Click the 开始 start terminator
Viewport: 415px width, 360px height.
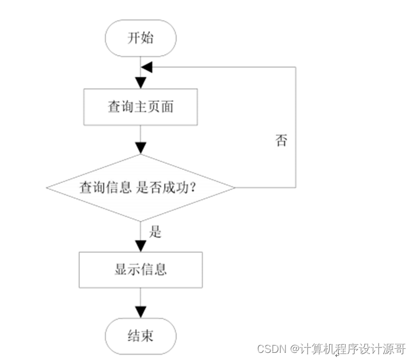140,38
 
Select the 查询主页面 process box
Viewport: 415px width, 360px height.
140,107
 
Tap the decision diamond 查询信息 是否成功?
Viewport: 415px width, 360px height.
140,188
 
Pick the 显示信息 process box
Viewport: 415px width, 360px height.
140,269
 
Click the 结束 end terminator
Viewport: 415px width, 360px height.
140,336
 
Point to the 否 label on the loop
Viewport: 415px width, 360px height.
281,141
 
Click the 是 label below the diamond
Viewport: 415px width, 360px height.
155,232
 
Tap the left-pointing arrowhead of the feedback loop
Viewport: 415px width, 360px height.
147,67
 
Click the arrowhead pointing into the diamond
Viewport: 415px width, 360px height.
140,148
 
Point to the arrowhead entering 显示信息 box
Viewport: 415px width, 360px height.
140,246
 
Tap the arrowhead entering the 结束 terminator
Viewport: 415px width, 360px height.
140,312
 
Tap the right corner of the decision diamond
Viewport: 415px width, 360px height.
234,188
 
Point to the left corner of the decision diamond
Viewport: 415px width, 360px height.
47,188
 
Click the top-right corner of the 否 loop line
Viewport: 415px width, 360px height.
295,67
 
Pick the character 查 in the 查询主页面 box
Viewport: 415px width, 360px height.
114,107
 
